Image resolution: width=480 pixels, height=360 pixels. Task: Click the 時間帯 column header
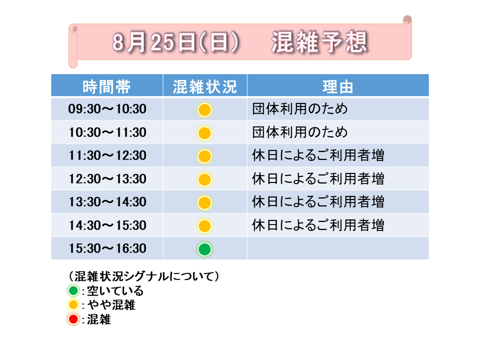coord(107,86)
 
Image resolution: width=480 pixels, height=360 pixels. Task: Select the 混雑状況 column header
coord(205,86)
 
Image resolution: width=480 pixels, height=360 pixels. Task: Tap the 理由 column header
coord(338,86)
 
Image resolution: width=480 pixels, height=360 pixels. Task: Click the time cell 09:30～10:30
coord(107,109)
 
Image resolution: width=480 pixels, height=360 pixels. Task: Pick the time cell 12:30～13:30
coord(107,179)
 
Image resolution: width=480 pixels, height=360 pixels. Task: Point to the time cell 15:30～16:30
coord(107,248)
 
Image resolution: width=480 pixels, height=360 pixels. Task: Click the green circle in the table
coord(204,249)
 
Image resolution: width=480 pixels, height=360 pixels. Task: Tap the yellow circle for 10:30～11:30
coord(204,133)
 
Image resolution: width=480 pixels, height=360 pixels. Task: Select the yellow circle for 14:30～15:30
coord(204,226)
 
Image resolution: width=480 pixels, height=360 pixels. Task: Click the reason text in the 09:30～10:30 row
coord(300,108)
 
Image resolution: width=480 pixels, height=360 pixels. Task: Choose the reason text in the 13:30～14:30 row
coord(318,201)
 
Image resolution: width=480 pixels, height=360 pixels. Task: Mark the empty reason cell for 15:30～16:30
coord(338,248)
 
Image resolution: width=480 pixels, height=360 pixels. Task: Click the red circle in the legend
coord(73,319)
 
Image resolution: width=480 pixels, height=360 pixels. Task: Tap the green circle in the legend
coord(73,290)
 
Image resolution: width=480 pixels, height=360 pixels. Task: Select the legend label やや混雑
coord(111,305)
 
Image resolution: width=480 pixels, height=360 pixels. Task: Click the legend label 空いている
coord(115,290)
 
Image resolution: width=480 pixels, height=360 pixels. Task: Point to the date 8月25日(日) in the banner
coord(175,42)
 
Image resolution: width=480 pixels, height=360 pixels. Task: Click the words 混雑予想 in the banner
coord(319,42)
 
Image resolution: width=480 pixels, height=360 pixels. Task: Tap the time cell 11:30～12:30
coord(107,155)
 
